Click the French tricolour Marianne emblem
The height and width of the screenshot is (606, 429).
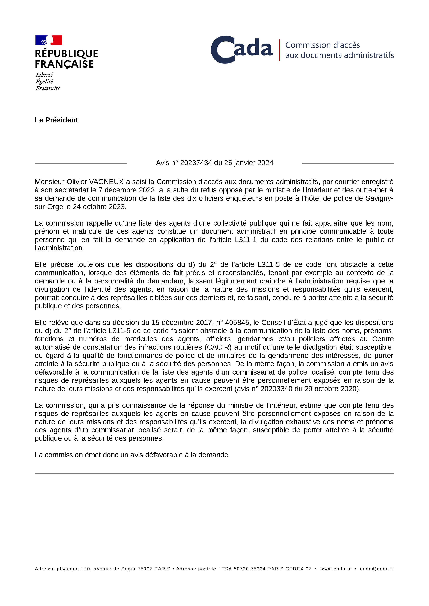pos(49,40)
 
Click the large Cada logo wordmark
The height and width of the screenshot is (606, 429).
pos(242,50)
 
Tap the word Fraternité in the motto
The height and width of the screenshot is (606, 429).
pos(48,88)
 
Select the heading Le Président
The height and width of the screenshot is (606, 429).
pos(56,120)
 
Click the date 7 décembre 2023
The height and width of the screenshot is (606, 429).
pos(127,190)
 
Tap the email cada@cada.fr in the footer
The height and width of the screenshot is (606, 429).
pos(377,569)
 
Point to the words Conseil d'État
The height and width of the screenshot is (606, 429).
pos(283,323)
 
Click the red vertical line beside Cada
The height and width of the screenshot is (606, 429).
pos(279,50)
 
